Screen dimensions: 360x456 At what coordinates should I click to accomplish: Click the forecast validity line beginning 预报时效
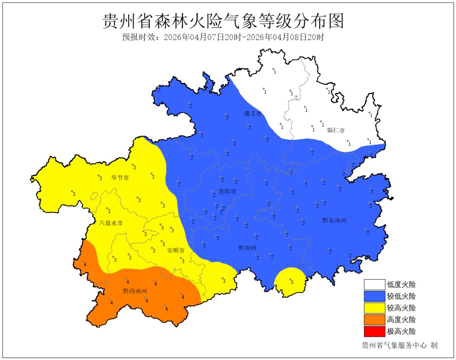(x=223, y=37)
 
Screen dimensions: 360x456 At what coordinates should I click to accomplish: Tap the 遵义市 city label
(x=253, y=114)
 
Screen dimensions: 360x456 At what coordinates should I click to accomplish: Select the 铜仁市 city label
(x=336, y=130)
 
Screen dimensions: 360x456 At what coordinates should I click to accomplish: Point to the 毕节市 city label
(x=120, y=178)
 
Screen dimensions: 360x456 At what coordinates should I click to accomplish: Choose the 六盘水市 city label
(x=111, y=223)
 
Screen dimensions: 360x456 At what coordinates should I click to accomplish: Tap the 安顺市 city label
(x=176, y=250)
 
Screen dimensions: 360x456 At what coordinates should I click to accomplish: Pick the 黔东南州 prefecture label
(x=334, y=220)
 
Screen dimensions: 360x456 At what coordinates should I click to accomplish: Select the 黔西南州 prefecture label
(x=135, y=291)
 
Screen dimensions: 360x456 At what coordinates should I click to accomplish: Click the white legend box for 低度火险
(x=375, y=284)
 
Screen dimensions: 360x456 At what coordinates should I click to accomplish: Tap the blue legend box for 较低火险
(x=375, y=296)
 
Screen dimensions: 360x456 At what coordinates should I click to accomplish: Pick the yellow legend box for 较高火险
(x=375, y=308)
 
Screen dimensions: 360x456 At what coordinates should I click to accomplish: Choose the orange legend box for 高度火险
(x=375, y=319)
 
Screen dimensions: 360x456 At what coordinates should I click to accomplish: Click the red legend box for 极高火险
(x=375, y=331)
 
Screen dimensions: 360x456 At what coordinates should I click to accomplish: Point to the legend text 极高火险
(x=401, y=331)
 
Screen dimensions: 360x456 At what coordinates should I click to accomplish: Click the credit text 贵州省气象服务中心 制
(x=399, y=345)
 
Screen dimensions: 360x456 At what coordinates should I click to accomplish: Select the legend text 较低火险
(x=401, y=296)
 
